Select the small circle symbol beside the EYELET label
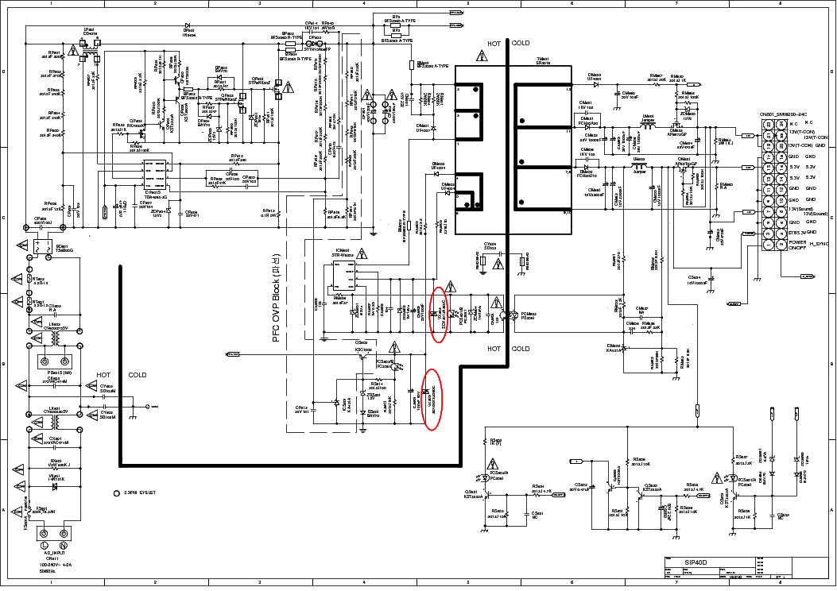[x=116, y=493]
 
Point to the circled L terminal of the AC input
[x=45, y=544]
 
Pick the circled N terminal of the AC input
[x=63, y=544]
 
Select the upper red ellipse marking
[x=437, y=315]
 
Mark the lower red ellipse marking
[x=432, y=400]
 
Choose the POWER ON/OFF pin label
[x=796, y=245]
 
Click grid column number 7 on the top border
[x=676, y=4]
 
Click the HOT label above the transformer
[x=494, y=43]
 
